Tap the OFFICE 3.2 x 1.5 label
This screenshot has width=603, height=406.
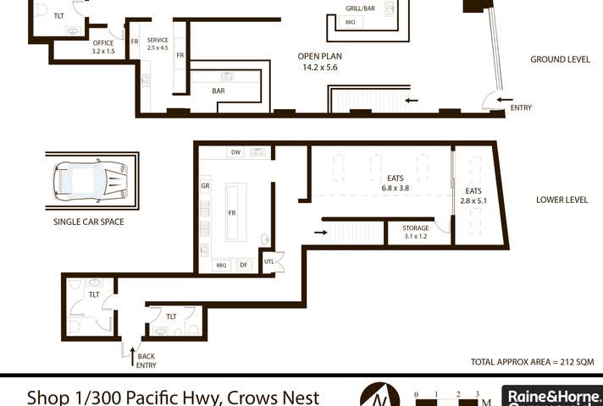tap(103, 47)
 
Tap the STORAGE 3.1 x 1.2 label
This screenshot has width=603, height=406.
tap(415, 233)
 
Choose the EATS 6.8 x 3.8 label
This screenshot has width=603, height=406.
tap(396, 184)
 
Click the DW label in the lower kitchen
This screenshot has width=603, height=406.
tap(235, 152)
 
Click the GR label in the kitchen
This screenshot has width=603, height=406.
tap(205, 186)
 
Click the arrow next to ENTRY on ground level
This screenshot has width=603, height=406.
tap(505, 99)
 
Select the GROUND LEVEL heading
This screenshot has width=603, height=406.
tap(560, 60)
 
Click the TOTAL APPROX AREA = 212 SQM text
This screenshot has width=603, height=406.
tap(532, 362)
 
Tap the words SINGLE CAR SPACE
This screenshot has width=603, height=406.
tap(89, 222)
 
